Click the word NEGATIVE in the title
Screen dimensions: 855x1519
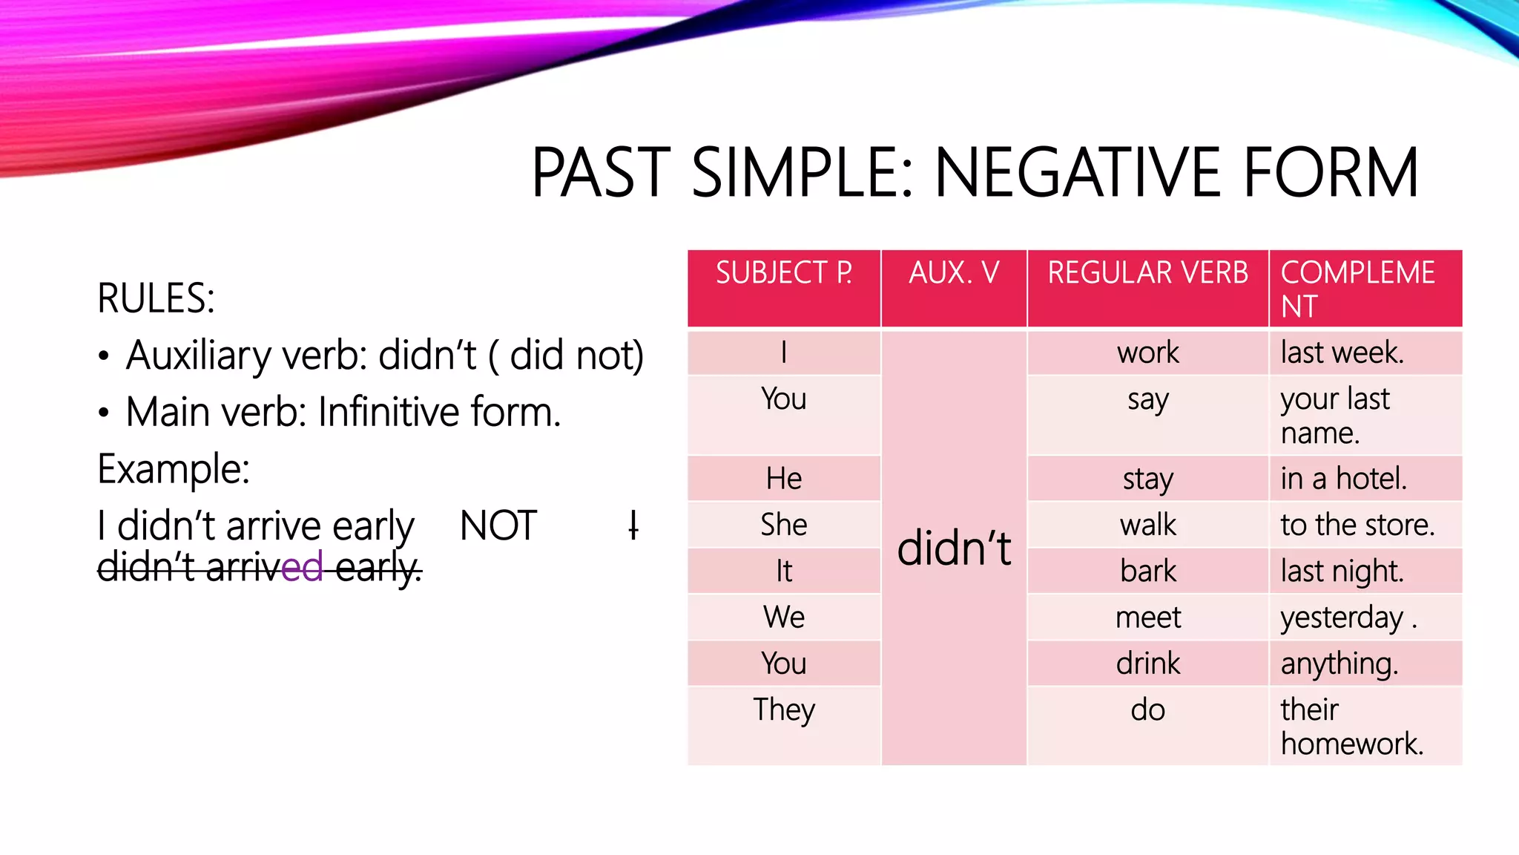(1078, 173)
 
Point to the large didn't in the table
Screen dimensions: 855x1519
(954, 548)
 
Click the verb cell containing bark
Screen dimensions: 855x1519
(1147, 571)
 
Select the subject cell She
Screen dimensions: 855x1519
(783, 525)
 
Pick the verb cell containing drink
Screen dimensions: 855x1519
(1147, 663)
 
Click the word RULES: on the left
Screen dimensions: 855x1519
(156, 298)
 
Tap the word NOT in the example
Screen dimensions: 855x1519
(498, 525)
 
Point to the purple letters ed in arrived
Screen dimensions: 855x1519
(302, 568)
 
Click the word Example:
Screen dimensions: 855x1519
(174, 469)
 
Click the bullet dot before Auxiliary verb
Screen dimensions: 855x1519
(104, 356)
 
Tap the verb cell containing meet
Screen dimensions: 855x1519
(1147, 617)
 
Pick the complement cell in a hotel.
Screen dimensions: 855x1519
(1342, 479)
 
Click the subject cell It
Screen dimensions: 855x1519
(783, 571)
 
